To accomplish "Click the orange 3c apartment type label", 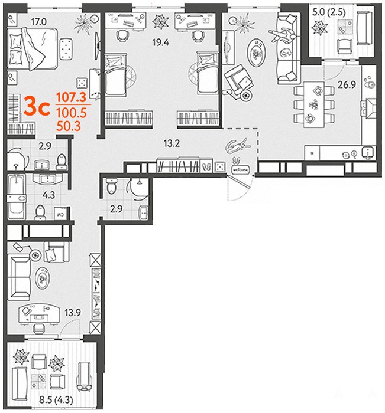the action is pyautogui.click(x=37, y=107).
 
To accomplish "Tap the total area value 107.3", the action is pyautogui.click(x=72, y=97).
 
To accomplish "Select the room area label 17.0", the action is pyautogui.click(x=39, y=22).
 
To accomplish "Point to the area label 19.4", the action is pyautogui.click(x=160, y=42).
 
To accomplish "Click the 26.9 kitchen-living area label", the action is pyautogui.click(x=347, y=84).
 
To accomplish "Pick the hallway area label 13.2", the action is pyautogui.click(x=172, y=143).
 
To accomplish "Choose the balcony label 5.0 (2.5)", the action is pyautogui.click(x=329, y=12).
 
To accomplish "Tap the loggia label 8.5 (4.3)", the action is pyautogui.click(x=56, y=400).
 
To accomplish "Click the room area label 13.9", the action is pyautogui.click(x=73, y=313).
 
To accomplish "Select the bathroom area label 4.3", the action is pyautogui.click(x=49, y=195).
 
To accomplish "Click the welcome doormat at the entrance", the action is pyautogui.click(x=241, y=170).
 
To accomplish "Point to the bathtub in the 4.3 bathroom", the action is pyautogui.click(x=17, y=196).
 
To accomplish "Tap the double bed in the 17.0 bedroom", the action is pyautogui.click(x=33, y=49).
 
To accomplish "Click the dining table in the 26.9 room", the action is pyautogui.click(x=314, y=104).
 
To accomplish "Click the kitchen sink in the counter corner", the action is pyautogui.click(x=368, y=153).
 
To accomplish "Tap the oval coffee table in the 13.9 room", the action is pyautogui.click(x=42, y=278).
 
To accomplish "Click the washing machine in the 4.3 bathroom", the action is pyautogui.click(x=60, y=213).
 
